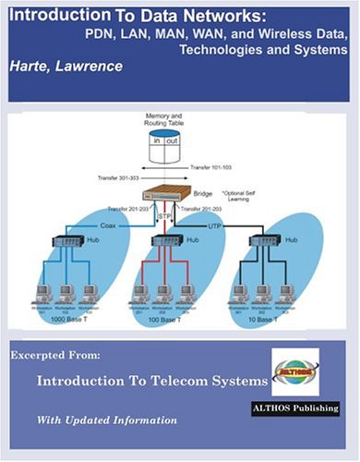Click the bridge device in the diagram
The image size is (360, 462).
(169, 195)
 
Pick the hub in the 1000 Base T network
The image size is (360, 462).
(67, 241)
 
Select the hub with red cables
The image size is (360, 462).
(165, 242)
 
